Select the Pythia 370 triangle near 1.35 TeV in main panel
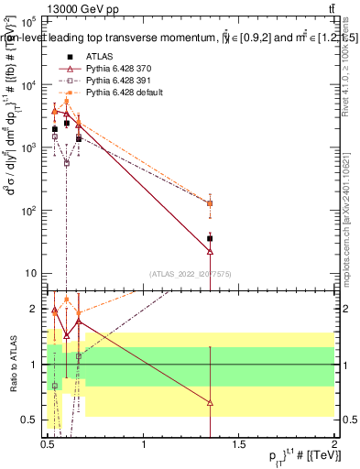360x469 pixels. tap(211, 250)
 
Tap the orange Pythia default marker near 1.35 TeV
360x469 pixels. tap(211, 203)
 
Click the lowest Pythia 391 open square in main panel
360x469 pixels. tap(67, 163)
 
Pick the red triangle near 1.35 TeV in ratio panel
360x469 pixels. tap(211, 403)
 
